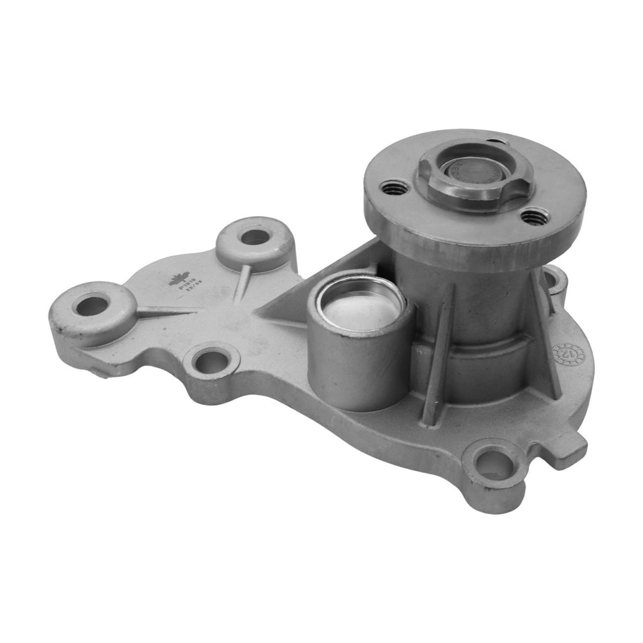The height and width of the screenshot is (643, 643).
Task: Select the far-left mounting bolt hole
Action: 92,306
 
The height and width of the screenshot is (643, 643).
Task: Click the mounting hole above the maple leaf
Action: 254,237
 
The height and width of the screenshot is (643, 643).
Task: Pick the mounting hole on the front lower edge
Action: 212,362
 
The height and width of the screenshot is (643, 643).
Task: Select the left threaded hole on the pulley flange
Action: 394,187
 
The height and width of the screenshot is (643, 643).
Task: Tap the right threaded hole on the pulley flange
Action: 534,217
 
